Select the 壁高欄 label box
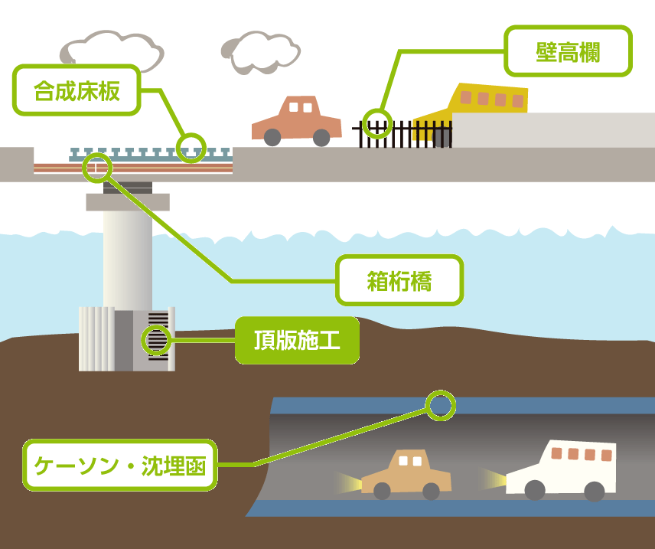tap(568, 52)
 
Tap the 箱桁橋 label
tap(399, 281)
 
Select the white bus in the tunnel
tap(563, 469)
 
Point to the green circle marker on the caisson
tap(157, 339)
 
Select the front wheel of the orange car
tap(272, 137)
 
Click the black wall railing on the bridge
tap(413, 134)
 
